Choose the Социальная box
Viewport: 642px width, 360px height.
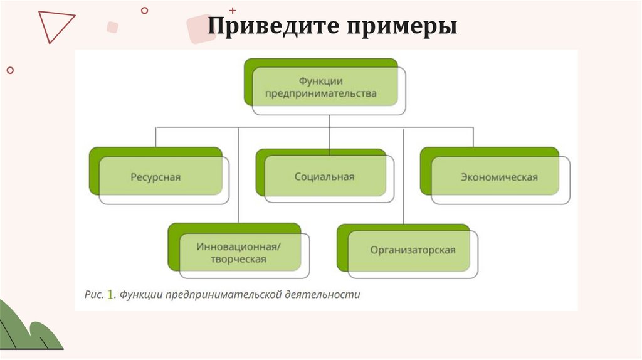pyautogui.click(x=324, y=177)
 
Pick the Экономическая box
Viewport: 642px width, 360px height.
pyautogui.click(x=499, y=177)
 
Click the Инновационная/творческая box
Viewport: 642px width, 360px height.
pyautogui.click(x=239, y=252)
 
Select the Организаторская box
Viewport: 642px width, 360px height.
pyautogui.click(x=413, y=250)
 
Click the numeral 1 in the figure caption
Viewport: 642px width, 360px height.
pyautogui.click(x=110, y=294)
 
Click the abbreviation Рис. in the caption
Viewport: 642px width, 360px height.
pyautogui.click(x=94, y=294)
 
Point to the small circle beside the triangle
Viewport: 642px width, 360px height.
pyautogui.click(x=145, y=10)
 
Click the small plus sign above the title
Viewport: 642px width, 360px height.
pyautogui.click(x=233, y=11)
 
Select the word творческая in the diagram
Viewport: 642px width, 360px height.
pyautogui.click(x=239, y=258)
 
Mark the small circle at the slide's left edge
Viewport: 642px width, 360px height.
pyautogui.click(x=9, y=70)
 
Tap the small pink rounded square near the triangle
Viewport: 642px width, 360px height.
pyautogui.click(x=113, y=27)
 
